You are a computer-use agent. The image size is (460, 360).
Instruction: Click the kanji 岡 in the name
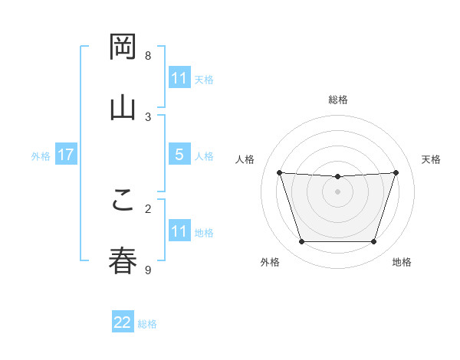click(x=123, y=47)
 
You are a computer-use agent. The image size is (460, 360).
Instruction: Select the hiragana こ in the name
click(x=123, y=201)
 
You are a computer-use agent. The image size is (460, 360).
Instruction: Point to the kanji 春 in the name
click(x=123, y=260)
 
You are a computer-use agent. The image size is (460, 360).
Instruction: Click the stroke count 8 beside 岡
click(x=148, y=56)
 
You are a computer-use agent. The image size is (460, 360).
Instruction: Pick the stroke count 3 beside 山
click(x=148, y=116)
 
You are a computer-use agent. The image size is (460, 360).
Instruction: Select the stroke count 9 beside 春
click(x=148, y=269)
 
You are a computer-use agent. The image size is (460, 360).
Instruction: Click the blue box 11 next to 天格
click(x=179, y=78)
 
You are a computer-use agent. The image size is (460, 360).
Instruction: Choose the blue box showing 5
click(x=179, y=155)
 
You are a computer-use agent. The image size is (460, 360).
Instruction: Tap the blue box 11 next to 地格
click(x=179, y=231)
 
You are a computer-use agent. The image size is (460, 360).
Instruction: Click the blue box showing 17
click(x=65, y=155)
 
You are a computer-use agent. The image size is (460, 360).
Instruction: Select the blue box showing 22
click(x=123, y=322)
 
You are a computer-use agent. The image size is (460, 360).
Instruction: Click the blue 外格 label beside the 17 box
click(x=41, y=156)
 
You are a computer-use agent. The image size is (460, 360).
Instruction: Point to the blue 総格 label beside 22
click(x=147, y=324)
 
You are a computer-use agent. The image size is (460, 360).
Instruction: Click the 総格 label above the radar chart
click(x=337, y=100)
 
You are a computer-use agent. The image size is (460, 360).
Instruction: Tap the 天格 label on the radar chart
click(x=431, y=159)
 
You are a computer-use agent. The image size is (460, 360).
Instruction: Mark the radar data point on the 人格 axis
click(x=279, y=173)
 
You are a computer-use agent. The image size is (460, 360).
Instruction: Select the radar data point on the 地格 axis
click(x=373, y=242)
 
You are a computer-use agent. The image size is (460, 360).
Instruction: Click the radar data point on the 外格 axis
click(x=301, y=242)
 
